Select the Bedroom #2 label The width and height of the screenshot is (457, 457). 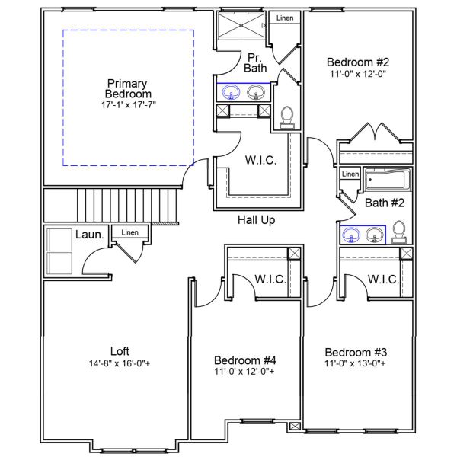pos(358,62)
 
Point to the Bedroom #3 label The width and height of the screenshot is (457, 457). pos(356,353)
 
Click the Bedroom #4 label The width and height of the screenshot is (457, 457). pos(245,360)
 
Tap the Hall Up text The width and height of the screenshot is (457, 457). pos(256,220)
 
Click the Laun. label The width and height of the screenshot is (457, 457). pos(89,235)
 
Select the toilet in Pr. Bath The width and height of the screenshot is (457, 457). pos(287,116)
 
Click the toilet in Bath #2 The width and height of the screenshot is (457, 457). pos(399,232)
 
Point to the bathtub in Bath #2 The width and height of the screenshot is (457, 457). pos(386,181)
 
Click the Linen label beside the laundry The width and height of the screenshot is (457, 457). pos(130,232)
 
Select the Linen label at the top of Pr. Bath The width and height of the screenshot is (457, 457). pos(284,18)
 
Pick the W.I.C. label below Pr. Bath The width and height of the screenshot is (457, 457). pos(260,161)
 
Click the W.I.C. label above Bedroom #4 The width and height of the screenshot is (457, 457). pos(270,280)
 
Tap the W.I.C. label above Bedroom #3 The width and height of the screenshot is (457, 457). pos(383,280)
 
